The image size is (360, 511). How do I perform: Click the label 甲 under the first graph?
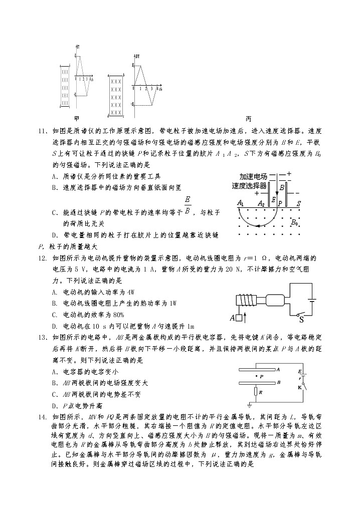tap(76, 119)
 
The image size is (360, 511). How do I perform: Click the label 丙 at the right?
tap(249, 119)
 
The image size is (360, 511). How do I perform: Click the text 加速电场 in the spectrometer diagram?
tap(253, 177)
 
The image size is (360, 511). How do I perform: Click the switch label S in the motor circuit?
tap(301, 320)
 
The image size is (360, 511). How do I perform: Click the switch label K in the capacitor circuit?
tap(300, 387)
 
